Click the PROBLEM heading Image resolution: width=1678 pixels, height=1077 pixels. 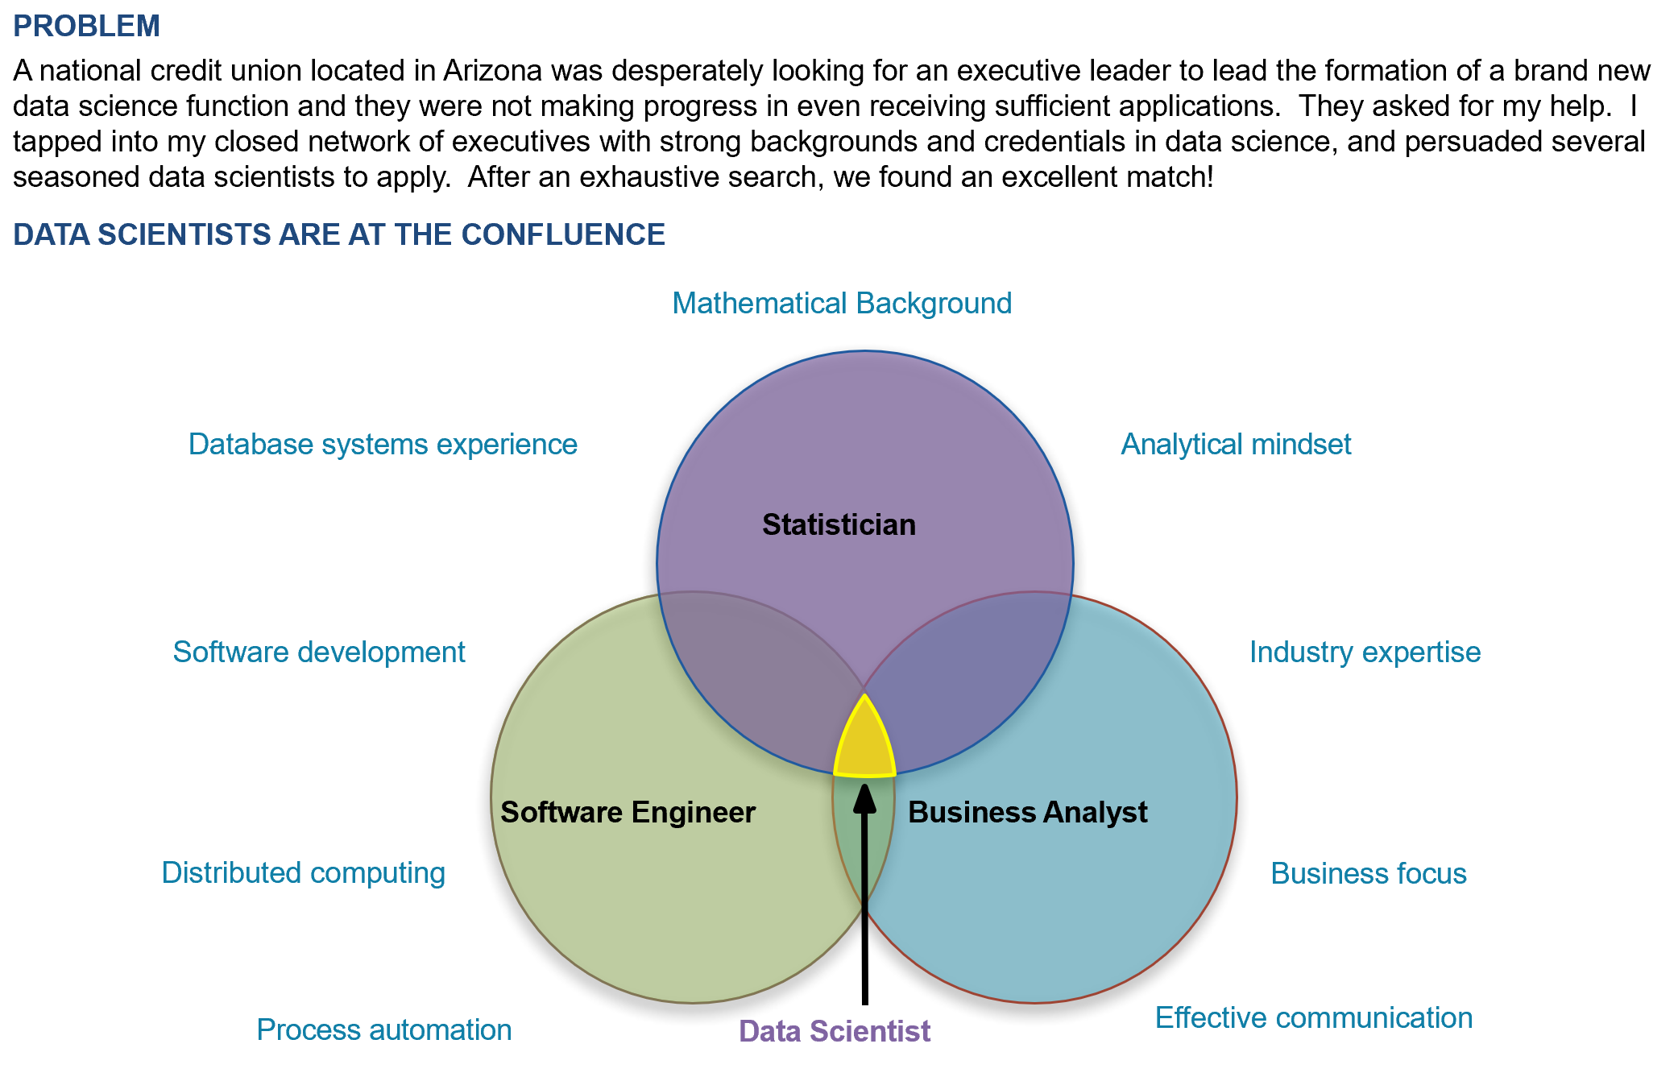(86, 27)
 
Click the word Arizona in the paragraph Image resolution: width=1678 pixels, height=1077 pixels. (492, 71)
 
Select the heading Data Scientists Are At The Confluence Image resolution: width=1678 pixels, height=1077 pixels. (338, 234)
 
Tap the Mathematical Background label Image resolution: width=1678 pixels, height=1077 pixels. (841, 304)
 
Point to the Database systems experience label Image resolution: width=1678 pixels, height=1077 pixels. (383, 445)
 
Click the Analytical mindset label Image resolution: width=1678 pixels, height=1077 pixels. (1236, 445)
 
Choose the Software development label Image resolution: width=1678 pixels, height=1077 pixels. (319, 652)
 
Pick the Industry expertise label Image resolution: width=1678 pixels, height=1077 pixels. (1365, 652)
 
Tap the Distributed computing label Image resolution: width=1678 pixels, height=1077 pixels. (303, 873)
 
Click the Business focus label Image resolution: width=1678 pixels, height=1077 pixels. (1368, 874)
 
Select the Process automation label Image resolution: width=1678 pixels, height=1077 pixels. (383, 1030)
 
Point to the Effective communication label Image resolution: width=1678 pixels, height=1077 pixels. (1313, 1018)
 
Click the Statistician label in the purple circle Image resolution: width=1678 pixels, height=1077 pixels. (839, 525)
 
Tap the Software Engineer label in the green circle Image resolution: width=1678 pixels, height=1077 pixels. (628, 813)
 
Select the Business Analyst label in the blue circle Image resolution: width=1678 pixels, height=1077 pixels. (1027, 813)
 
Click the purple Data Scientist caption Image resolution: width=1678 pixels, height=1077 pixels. (834, 1031)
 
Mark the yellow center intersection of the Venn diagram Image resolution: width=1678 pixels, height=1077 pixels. (864, 745)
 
